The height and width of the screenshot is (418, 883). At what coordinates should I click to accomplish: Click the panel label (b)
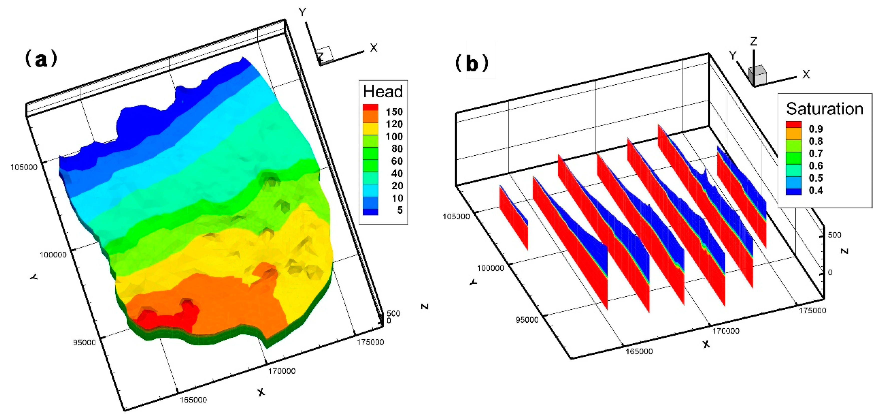tap(472, 64)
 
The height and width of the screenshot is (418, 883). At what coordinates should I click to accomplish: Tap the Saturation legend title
tap(824, 109)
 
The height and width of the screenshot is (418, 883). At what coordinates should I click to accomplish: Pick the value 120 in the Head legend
tap(394, 124)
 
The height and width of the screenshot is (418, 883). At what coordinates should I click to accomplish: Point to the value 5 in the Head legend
tap(400, 210)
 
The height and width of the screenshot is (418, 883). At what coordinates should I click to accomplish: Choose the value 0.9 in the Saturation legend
tap(816, 129)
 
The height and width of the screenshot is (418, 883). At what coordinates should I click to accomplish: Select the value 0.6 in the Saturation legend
tap(816, 166)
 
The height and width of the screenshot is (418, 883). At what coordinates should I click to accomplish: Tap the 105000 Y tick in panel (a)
tap(24, 167)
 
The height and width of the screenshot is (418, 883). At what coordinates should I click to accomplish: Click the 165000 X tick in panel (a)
tap(193, 400)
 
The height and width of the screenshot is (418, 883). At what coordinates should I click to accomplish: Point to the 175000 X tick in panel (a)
tap(370, 342)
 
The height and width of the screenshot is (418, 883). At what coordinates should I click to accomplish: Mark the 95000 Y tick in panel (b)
tap(527, 320)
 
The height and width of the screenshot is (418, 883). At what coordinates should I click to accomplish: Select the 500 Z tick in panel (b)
tap(834, 235)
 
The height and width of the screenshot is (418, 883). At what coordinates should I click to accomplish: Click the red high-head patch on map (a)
tap(165, 317)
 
